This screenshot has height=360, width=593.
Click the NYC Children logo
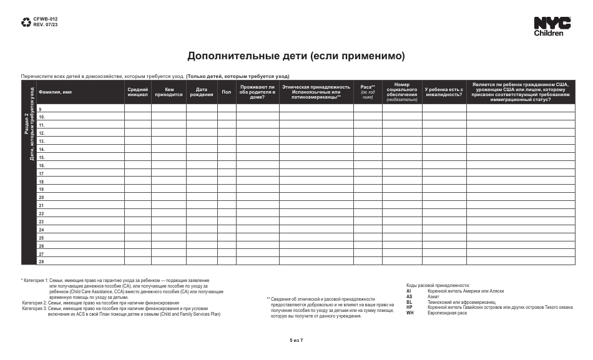552,27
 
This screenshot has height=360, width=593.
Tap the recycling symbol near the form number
26,22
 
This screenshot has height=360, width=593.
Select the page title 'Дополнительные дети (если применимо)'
296,56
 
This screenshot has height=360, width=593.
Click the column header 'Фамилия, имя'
55,92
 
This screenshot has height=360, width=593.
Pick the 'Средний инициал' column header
137,92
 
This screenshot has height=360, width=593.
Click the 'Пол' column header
226,92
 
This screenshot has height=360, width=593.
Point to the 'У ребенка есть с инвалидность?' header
444,92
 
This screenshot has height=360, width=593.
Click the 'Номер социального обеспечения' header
401,89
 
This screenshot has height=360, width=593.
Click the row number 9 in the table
41,110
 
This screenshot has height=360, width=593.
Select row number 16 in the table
42,165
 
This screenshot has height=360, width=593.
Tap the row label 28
42,262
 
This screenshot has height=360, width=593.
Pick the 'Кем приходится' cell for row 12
169,133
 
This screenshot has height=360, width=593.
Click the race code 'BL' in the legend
409,301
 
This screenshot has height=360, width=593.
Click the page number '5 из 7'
296,340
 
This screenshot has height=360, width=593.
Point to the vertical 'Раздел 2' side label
26,125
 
